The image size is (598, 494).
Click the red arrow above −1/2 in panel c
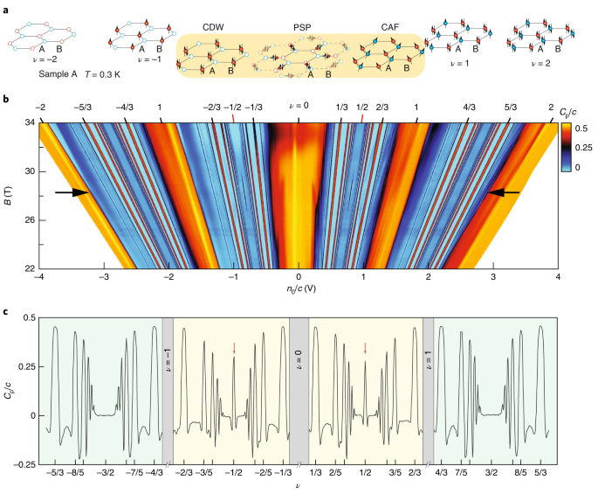(234, 347)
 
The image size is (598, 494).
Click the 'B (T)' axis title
(12, 196)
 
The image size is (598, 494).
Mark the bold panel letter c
(6, 313)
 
